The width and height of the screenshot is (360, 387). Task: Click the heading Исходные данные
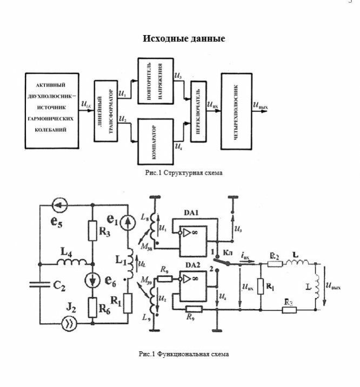point(184,39)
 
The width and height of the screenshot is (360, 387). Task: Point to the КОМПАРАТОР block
point(155,139)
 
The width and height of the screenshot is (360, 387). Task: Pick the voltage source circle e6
point(92,280)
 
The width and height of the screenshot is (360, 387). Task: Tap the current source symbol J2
point(69,325)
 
